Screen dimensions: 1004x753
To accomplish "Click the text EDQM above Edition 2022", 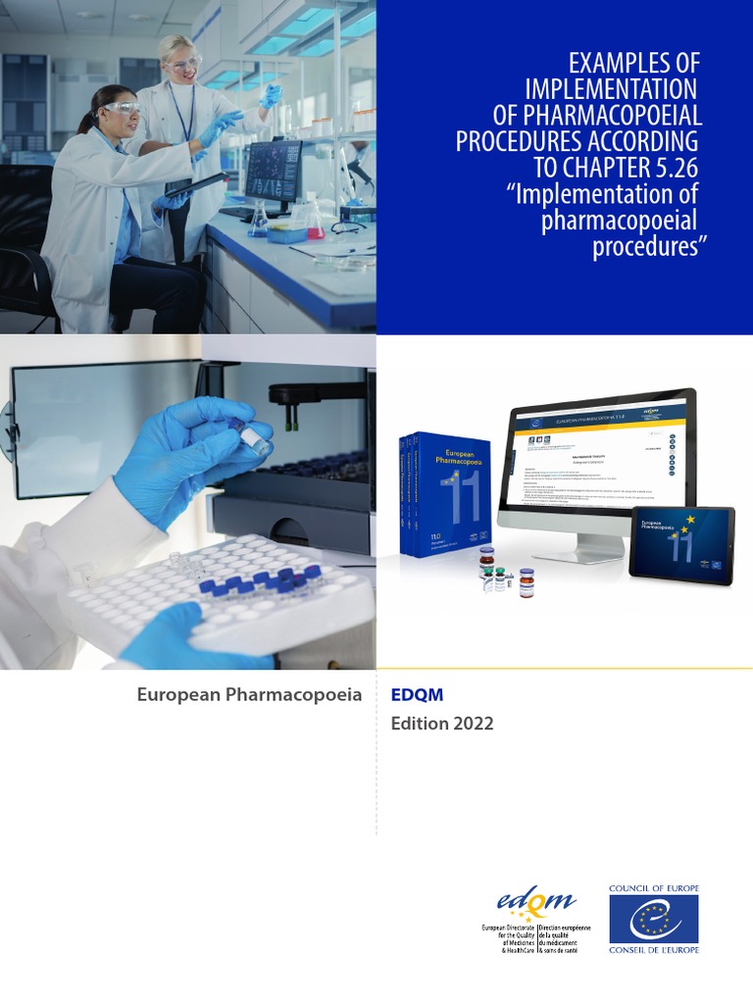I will [417, 695].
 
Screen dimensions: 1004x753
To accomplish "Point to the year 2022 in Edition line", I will [474, 725].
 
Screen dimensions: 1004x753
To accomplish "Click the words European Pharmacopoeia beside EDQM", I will [249, 695].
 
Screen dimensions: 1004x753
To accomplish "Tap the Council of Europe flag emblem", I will [654, 919].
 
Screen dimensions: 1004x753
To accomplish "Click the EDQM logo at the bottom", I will [534, 902].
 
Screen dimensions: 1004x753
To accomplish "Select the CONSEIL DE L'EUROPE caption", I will [654, 949].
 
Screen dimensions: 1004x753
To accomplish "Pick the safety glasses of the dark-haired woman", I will [121, 108].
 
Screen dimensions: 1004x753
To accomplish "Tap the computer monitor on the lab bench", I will [274, 171].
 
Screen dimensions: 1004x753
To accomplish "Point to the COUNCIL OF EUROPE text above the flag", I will [654, 888].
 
